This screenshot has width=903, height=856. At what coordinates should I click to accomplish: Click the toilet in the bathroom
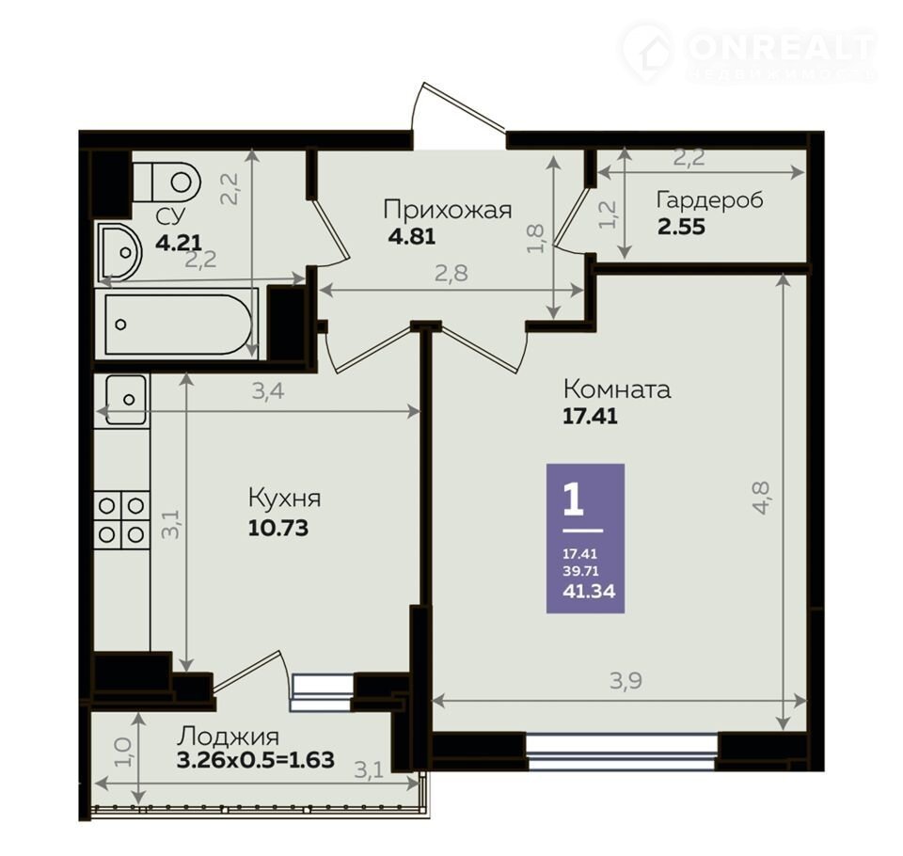[166, 182]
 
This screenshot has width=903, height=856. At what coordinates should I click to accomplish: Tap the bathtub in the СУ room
[179, 325]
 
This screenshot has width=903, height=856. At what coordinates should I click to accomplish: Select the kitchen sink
[125, 400]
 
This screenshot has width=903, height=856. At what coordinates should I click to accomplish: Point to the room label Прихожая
[448, 210]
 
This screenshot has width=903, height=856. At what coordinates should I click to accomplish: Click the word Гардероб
[709, 200]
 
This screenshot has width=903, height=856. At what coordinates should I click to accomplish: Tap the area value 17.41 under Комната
[590, 416]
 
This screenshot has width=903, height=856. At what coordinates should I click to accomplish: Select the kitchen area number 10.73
[278, 528]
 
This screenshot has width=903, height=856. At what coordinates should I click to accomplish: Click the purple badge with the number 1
[585, 538]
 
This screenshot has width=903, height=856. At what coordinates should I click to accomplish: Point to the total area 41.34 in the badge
[589, 591]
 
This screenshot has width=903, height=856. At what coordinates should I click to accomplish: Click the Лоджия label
[228, 737]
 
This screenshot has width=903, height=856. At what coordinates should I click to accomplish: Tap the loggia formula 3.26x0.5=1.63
[256, 760]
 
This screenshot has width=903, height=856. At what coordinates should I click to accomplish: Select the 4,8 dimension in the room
[761, 498]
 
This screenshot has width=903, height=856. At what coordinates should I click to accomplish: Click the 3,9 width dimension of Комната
[626, 681]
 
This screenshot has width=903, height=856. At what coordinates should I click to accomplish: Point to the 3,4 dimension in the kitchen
[268, 391]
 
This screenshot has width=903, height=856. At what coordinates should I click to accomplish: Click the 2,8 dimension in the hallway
[451, 273]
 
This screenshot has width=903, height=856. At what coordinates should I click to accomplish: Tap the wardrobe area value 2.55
[681, 227]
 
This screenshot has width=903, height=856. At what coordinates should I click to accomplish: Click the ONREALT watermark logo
[749, 52]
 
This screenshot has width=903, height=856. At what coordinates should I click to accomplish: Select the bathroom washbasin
[119, 252]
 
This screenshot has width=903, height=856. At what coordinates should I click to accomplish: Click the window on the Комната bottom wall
[622, 752]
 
